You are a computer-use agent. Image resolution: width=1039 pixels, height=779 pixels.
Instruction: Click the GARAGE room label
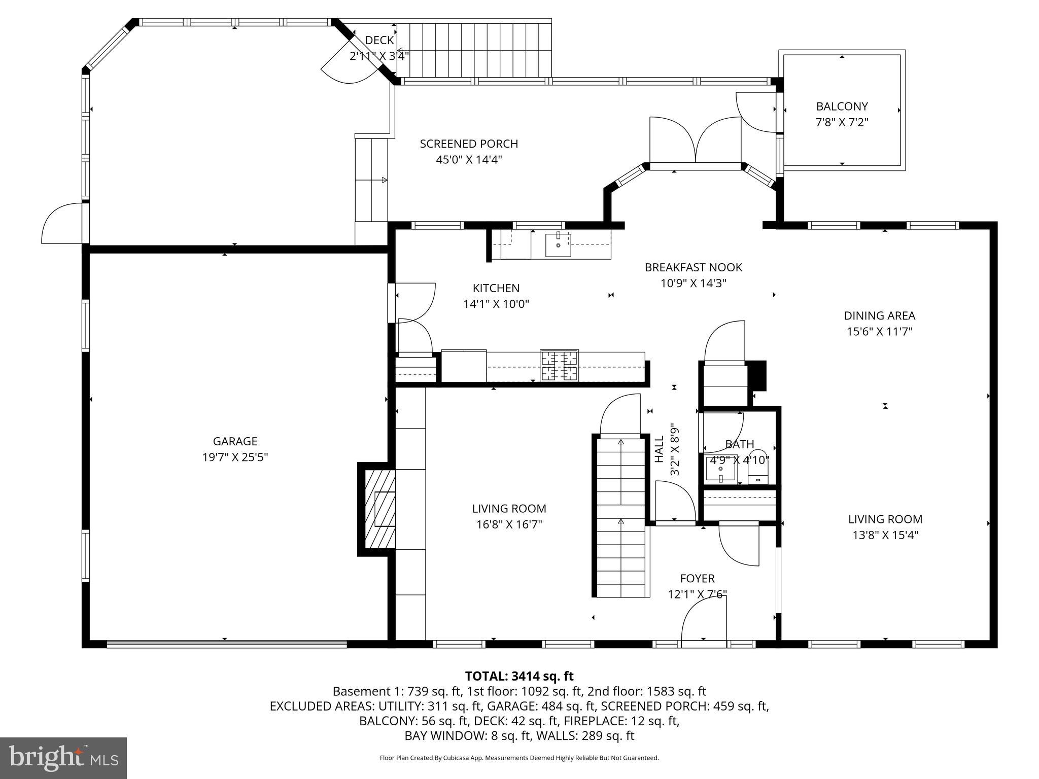(235, 441)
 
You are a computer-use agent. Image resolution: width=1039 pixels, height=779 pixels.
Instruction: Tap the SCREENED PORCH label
(469, 144)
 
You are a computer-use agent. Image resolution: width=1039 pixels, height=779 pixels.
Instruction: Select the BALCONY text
(842, 107)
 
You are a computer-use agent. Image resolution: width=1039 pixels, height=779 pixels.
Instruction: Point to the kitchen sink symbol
(558, 245)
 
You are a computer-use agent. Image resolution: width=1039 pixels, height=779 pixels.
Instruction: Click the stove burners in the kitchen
(559, 366)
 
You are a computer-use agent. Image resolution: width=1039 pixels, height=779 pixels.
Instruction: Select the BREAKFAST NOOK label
(693, 267)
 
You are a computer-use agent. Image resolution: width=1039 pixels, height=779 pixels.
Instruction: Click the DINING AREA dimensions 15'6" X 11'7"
(879, 332)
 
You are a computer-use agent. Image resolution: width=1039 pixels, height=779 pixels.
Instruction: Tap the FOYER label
(697, 579)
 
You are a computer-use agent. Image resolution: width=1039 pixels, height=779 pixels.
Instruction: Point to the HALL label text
(659, 449)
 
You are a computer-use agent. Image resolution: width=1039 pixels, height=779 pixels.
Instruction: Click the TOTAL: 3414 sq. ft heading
(519, 676)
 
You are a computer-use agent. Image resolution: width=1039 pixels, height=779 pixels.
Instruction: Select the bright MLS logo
(63, 758)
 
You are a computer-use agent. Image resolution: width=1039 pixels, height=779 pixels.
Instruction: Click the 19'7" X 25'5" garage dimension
(235, 457)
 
